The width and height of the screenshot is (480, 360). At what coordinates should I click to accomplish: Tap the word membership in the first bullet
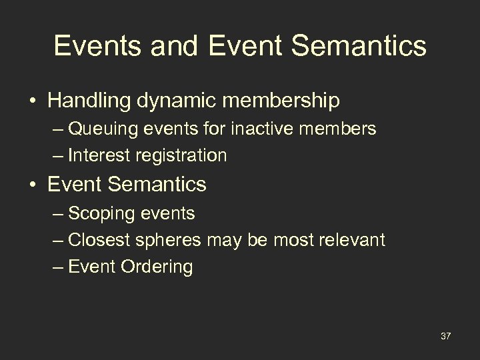285,101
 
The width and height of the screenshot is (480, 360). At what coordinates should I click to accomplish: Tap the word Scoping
98,213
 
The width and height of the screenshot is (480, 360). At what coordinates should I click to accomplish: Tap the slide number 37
445,335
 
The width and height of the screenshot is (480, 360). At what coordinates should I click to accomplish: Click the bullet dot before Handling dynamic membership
31,101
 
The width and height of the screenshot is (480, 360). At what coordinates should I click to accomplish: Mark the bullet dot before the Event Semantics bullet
31,184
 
